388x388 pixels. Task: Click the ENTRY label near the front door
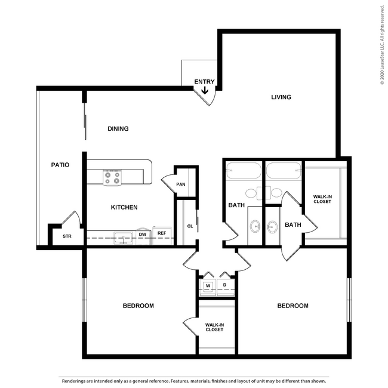pos(204,82)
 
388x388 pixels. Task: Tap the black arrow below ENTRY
pos(204,91)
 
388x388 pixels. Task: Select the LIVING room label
pos(281,97)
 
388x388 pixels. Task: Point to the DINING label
pos(118,128)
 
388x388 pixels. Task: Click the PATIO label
pos(60,165)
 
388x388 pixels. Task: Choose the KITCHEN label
pos(124,207)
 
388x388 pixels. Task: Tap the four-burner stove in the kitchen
pos(112,177)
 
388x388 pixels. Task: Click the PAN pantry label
pos(180,184)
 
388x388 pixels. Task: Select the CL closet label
pos(190,226)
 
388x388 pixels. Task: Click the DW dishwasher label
pos(143,235)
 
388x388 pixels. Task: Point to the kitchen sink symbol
pos(124,238)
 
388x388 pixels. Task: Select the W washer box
pos(208,285)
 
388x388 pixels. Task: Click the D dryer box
pos(225,285)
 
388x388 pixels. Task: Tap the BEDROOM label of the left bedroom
pos(138,306)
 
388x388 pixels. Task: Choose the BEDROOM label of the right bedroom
pos(292,306)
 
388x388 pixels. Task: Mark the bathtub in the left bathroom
pos(244,172)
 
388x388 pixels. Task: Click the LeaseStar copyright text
pos(381,45)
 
